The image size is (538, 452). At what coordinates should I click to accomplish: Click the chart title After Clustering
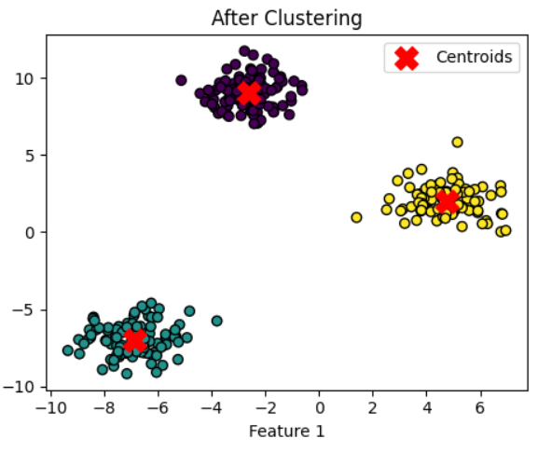(x=286, y=18)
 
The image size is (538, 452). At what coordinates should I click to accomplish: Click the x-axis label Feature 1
(x=286, y=431)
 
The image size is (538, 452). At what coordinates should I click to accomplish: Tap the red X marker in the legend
(x=406, y=58)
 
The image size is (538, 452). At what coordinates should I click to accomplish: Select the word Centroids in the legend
(x=474, y=58)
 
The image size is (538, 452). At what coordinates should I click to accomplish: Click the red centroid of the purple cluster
(x=249, y=93)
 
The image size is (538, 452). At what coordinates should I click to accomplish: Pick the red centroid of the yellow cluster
(x=448, y=201)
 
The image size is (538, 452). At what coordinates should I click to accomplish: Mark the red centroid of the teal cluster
(x=134, y=340)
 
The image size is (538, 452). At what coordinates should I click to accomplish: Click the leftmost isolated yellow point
(x=356, y=217)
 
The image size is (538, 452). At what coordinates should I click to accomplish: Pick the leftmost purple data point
(x=181, y=80)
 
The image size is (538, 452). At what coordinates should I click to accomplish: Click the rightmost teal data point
(x=216, y=321)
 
